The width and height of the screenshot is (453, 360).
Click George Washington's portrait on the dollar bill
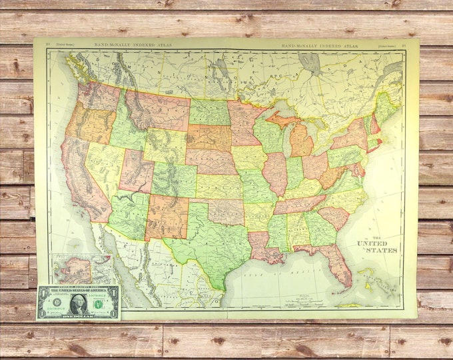click(x=79, y=303)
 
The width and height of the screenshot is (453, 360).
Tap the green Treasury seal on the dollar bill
click(x=98, y=304)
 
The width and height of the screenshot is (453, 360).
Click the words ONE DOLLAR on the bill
click(x=79, y=315)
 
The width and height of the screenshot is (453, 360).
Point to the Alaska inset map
click(x=74, y=269)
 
